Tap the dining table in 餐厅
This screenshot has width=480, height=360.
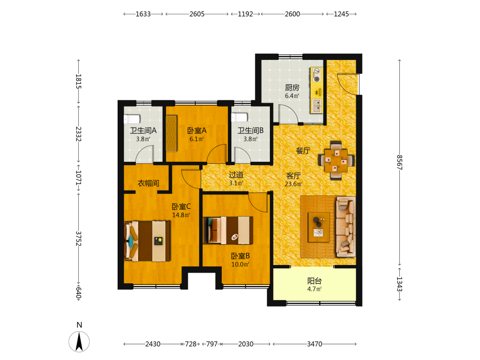(336, 160)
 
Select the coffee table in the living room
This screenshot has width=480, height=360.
(319, 227)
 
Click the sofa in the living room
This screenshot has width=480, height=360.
(346, 227)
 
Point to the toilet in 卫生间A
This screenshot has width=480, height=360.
(132, 119)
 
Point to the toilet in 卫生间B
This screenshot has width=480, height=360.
(240, 117)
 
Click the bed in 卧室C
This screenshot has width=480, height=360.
(147, 241)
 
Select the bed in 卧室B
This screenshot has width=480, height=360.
(228, 230)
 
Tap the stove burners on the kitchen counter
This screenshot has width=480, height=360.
(316, 75)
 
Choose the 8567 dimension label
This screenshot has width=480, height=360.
(399, 162)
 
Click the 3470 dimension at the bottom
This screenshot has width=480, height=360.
(315, 344)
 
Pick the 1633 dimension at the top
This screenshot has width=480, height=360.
(143, 14)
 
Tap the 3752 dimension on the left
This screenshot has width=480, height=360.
(78, 239)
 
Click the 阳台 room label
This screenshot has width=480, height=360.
(314, 281)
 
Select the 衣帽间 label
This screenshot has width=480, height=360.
(148, 183)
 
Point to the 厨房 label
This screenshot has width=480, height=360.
(292, 87)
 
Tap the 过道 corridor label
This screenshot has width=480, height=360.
(236, 175)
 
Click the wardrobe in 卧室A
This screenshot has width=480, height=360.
(172, 133)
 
